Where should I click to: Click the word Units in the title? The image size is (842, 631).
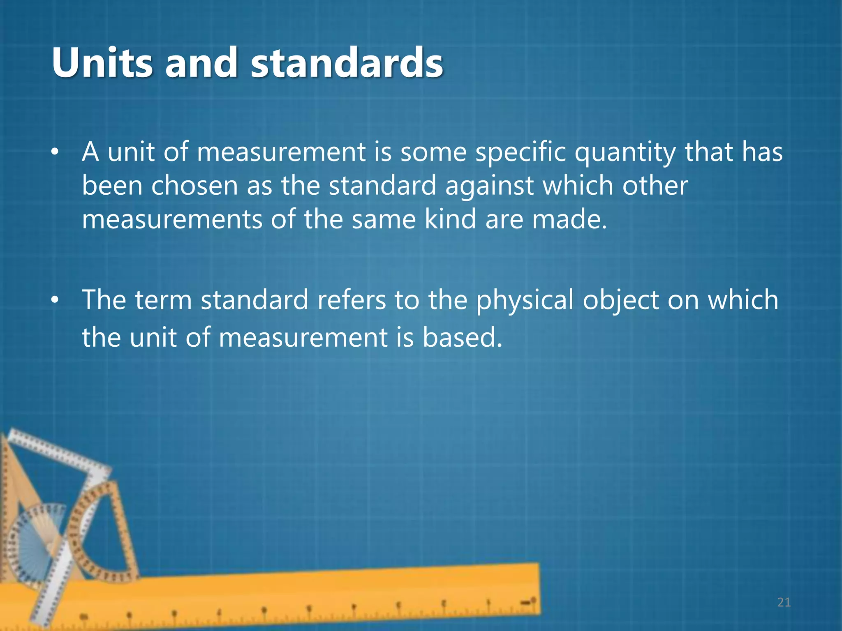(x=102, y=62)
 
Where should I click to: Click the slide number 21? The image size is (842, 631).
(x=784, y=602)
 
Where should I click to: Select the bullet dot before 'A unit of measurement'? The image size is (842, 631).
(x=55, y=152)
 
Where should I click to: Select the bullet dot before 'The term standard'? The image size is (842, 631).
(x=55, y=300)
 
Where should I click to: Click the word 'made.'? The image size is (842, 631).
(x=569, y=219)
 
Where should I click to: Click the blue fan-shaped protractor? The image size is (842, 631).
(x=37, y=530)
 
